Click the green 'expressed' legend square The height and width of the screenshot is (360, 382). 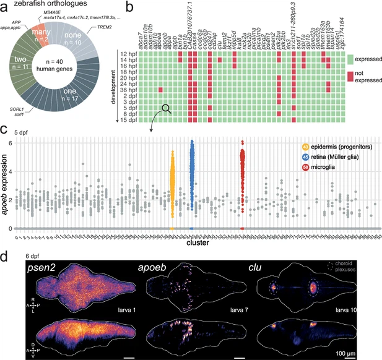351,59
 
